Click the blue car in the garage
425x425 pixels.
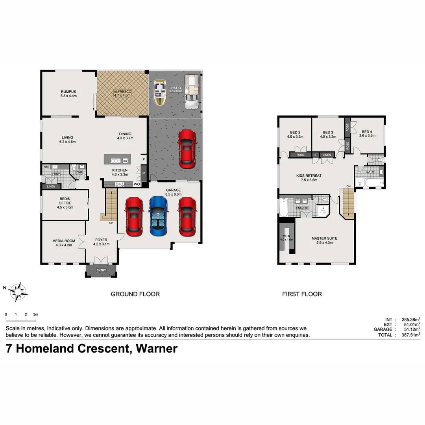158,216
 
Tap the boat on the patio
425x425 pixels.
159,93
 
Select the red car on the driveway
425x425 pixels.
187,149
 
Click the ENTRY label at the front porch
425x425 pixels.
101,270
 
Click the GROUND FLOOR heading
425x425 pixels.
135,294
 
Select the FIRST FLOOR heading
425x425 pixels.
302,294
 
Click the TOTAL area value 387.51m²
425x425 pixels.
410,335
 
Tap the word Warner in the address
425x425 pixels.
156,349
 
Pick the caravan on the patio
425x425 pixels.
192,91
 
